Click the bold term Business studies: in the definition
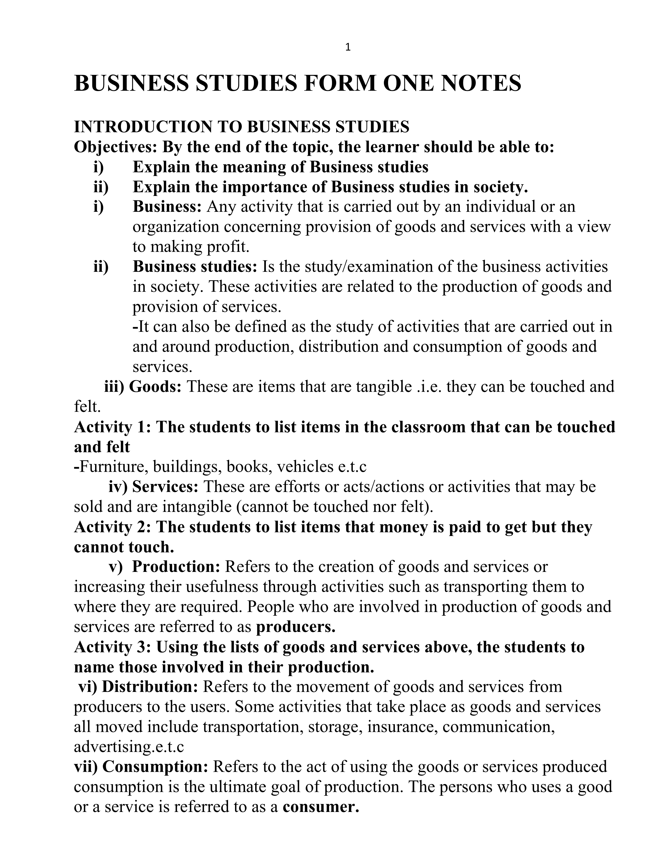point(195,267)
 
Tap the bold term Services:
point(165,487)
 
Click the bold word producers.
point(295,627)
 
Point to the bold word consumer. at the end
point(321,807)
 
